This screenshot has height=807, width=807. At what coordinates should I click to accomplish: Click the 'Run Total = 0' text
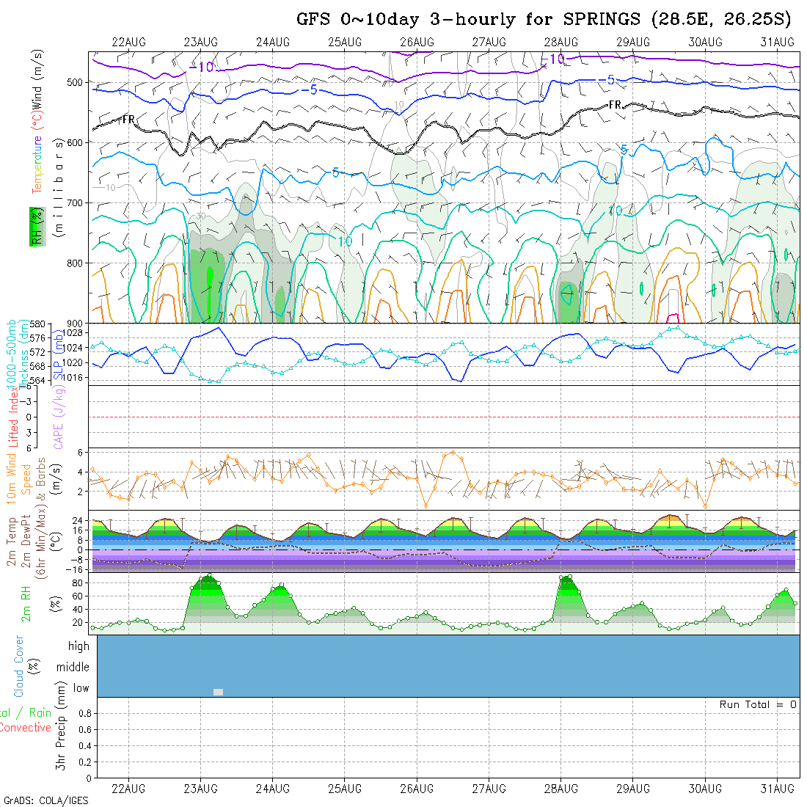click(x=758, y=704)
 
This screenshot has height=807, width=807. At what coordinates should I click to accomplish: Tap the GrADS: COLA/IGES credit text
click(x=45, y=800)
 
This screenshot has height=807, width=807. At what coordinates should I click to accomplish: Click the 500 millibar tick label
click(x=76, y=82)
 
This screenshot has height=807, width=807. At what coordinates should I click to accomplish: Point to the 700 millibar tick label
click(x=76, y=202)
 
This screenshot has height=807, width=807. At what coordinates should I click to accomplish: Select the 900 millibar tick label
click(x=76, y=324)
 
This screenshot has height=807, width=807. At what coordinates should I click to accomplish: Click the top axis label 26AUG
click(x=417, y=42)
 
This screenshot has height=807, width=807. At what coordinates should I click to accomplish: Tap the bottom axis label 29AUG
click(x=632, y=789)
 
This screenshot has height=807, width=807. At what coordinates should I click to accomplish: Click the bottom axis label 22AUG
click(x=128, y=789)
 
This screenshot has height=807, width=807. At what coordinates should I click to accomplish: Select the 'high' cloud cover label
click(x=78, y=646)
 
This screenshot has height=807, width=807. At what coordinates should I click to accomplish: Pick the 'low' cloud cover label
click(x=81, y=688)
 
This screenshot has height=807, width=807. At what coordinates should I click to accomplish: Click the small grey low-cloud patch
click(x=218, y=692)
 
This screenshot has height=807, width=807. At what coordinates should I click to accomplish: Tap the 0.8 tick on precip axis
click(x=84, y=712)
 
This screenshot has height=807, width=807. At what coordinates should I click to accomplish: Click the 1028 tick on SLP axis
click(x=75, y=332)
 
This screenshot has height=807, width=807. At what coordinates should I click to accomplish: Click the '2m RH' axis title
click(x=26, y=603)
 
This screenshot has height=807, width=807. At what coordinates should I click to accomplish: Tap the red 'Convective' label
click(x=25, y=728)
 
